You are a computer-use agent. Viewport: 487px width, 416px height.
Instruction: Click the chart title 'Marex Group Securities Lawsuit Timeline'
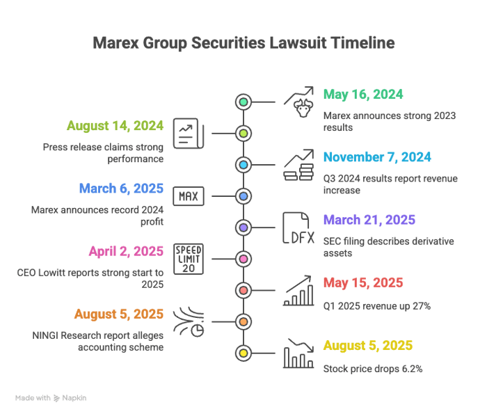243,43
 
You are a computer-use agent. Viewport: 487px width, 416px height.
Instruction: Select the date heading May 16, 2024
363,94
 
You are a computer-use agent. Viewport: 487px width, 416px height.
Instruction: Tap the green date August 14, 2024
115,126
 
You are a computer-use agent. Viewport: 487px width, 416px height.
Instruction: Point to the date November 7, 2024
377,157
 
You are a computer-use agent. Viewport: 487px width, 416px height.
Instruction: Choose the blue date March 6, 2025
121,189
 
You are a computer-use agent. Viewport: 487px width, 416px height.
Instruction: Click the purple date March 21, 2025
369,220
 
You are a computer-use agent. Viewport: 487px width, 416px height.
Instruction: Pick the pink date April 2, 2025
126,251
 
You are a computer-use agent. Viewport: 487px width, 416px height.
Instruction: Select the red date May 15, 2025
363,282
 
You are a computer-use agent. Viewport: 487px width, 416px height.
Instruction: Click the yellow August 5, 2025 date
368,346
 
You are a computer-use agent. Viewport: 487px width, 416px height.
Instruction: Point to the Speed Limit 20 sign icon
189,259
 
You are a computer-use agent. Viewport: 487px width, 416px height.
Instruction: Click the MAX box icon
189,196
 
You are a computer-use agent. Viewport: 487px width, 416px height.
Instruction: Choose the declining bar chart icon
297,353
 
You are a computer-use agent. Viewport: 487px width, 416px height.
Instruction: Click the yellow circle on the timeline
243,353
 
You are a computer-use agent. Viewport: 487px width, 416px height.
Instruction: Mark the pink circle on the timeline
243,259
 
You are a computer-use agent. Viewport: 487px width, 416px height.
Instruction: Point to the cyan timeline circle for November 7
243,165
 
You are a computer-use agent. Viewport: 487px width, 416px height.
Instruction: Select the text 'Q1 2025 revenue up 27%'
377,305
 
